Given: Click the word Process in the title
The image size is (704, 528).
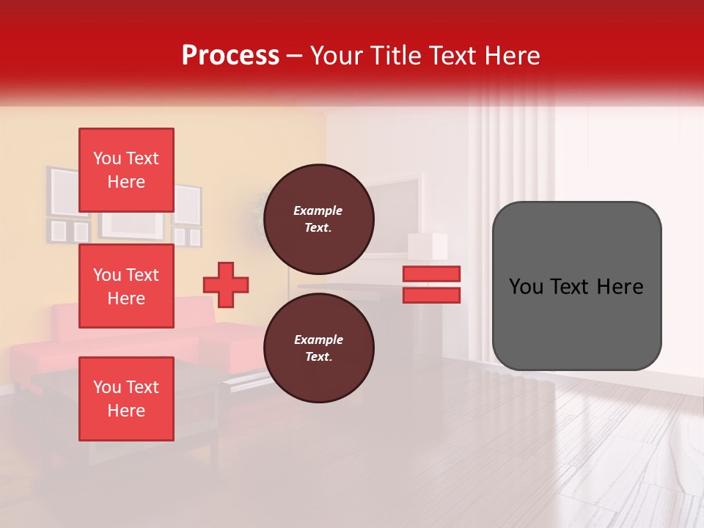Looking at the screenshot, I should coord(230,56).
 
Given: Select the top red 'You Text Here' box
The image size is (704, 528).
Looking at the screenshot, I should coord(126,170).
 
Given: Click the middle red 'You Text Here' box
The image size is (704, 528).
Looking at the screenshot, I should coord(126,286).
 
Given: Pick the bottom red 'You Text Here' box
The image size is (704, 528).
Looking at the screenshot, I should coord(126,399).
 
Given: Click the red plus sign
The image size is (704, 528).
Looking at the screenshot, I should coord(226,285).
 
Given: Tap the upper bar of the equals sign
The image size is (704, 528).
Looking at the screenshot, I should coord(431,274).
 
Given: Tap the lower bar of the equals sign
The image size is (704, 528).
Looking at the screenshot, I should coord(431,296).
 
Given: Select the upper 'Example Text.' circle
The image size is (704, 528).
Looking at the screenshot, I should coord(318,219).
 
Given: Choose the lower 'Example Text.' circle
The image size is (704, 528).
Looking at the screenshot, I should coord(318,348).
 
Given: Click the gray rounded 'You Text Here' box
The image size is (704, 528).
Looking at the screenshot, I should coord(576,286).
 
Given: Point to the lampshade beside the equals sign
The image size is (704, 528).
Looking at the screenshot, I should coord(429,246).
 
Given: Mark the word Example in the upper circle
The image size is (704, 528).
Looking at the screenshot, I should coord(318,210).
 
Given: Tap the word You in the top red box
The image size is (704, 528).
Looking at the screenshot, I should coord(107,158).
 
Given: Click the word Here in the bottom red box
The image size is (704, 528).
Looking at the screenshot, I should coord(126,411).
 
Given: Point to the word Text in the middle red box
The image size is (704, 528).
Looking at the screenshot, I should coord(142,275).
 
